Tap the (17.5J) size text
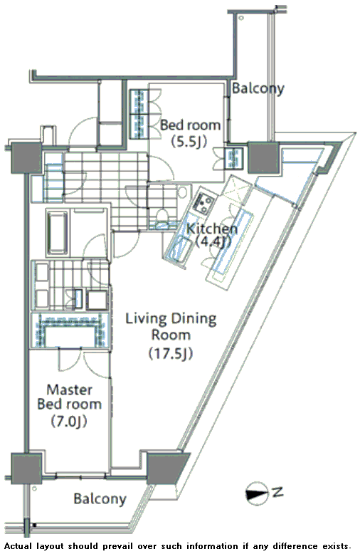171,353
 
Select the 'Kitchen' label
212,229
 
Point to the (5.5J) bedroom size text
189,142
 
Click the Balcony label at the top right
258,89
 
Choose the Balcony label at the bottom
100,499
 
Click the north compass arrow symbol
257,492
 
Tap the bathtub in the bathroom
56,232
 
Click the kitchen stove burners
203,202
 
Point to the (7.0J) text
69,420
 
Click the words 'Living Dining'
171,319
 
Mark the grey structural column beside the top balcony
263,157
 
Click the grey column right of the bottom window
166,467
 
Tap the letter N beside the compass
278,491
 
